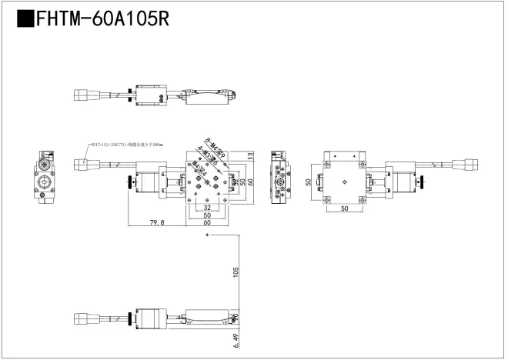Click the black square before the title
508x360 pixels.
click(25, 19)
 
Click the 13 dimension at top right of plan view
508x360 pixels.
click(251, 156)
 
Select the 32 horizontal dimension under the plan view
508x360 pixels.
click(207, 208)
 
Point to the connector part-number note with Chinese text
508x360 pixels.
click(126, 145)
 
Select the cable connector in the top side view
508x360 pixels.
click(83, 96)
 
